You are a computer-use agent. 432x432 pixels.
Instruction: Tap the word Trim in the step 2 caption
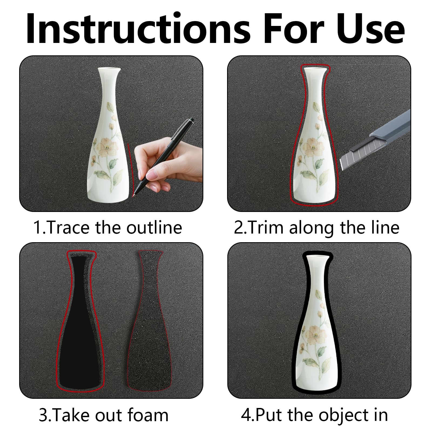[x=265, y=227]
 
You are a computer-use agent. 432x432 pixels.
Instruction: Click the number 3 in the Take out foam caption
[x=43, y=415]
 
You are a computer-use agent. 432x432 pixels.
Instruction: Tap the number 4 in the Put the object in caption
[x=245, y=415]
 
